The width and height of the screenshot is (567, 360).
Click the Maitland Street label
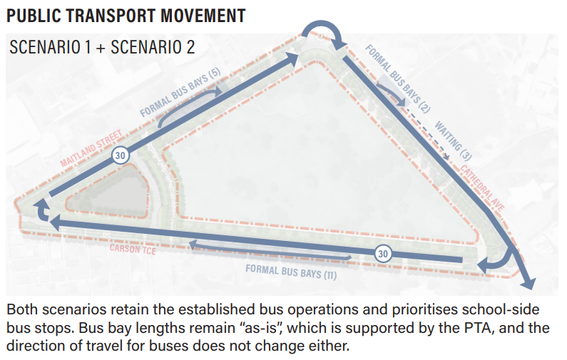[91, 148]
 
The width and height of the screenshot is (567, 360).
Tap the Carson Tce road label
[133, 249]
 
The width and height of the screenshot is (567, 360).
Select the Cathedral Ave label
[482, 187]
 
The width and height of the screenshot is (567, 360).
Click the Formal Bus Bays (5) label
[180, 93]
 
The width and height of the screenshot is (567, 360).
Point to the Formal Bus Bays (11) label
[291, 272]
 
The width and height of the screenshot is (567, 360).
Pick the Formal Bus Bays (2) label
[398, 78]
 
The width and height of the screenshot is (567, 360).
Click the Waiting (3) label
[453, 140]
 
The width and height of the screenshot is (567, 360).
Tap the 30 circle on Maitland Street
[120, 155]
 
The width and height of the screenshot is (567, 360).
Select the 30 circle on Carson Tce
[383, 254]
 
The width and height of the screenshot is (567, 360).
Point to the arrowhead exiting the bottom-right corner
[528, 282]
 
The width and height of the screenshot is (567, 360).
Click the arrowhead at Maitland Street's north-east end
[292, 58]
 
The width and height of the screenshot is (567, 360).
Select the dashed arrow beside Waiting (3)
[426, 132]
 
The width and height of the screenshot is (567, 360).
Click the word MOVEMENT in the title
[203, 16]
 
